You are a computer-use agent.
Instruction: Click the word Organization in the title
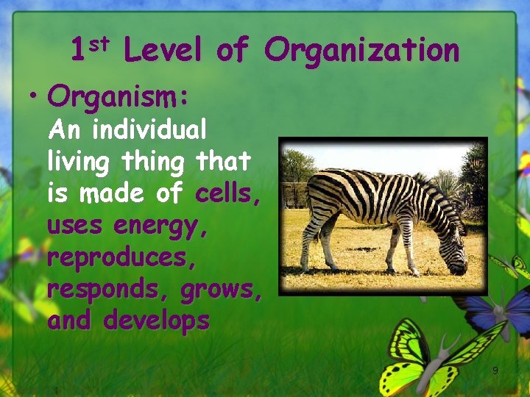tap(361, 51)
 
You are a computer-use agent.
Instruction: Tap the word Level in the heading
tap(162, 51)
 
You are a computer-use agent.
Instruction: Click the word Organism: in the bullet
tap(119, 96)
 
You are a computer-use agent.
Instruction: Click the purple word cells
tap(227, 193)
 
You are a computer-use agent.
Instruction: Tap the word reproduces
tap(119, 258)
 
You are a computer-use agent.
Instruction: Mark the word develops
tap(156, 321)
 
